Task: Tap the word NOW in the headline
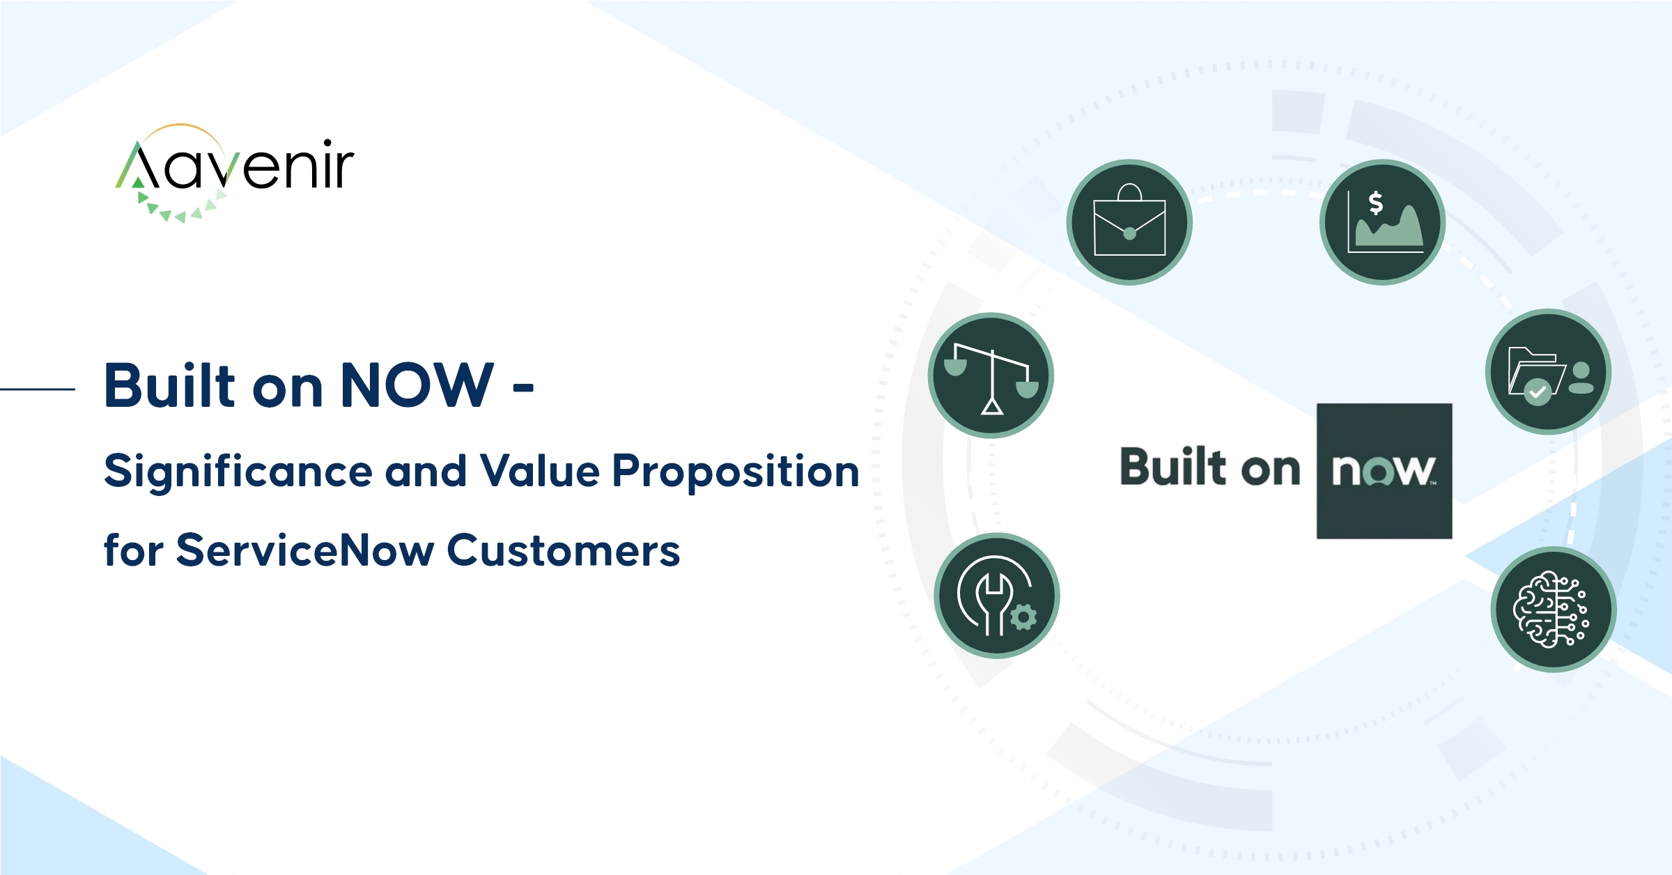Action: [x=417, y=385]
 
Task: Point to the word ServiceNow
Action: [x=306, y=550]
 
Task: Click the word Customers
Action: [x=563, y=550]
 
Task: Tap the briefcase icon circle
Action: [x=1129, y=222]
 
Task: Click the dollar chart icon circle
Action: [x=1382, y=222]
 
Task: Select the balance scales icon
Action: [x=991, y=375]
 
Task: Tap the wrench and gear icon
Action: [x=997, y=596]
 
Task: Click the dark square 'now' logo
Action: [x=1384, y=471]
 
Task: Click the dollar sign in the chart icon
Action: [x=1375, y=203]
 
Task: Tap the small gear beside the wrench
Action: [x=1023, y=617]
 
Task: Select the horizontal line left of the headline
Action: [x=38, y=389]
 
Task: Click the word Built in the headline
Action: [x=171, y=385]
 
